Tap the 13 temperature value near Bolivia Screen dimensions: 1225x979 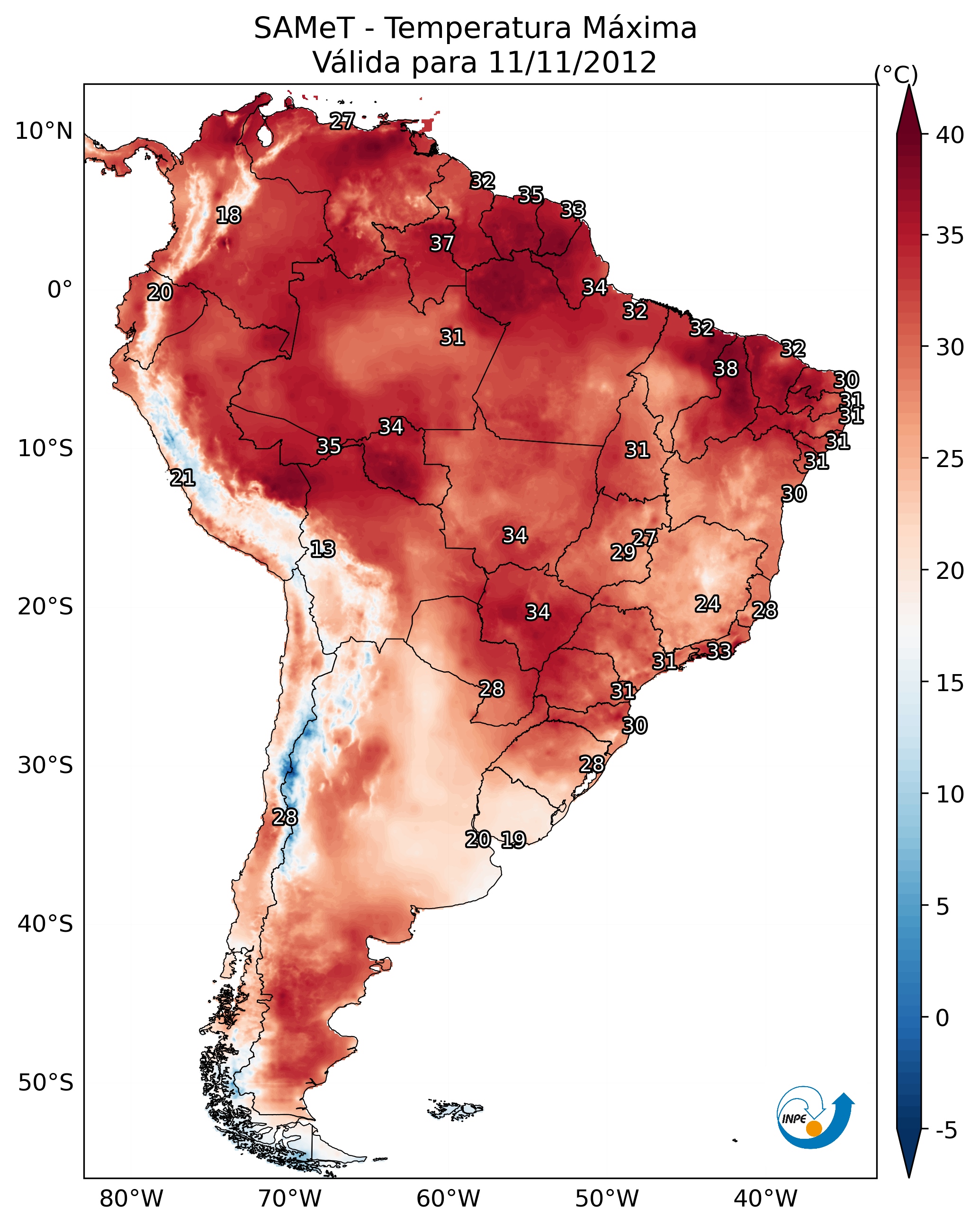click(x=323, y=549)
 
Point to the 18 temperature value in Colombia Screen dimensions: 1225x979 click(x=228, y=216)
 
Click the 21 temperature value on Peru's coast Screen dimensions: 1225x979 click(x=182, y=478)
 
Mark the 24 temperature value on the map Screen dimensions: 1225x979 click(x=708, y=604)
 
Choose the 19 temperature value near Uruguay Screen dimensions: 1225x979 click(x=513, y=840)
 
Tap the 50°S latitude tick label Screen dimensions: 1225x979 click(x=45, y=1083)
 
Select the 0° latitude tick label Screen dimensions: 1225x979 click(x=60, y=290)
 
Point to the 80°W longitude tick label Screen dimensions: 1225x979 click(x=131, y=1199)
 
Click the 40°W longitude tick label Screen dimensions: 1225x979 click(x=765, y=1199)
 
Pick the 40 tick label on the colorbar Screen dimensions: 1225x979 click(x=950, y=135)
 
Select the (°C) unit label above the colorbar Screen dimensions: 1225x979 click(x=896, y=74)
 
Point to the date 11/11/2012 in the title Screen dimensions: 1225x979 click(x=572, y=63)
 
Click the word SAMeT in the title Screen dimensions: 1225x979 click(x=304, y=28)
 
